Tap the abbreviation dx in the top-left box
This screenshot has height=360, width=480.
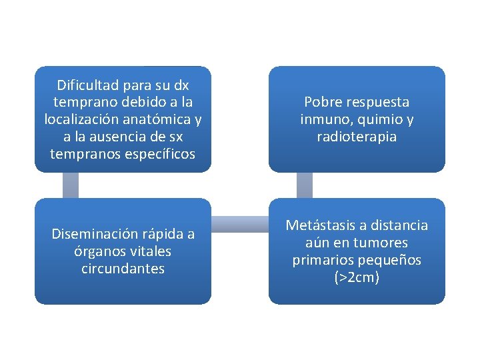tap(181, 85)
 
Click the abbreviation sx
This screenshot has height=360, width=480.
tap(175, 137)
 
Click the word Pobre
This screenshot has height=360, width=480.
tap(323, 103)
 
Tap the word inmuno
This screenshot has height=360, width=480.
tap(323, 120)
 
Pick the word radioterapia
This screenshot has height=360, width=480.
tap(357, 137)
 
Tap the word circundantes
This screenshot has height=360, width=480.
tap(123, 269)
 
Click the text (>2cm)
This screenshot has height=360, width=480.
tap(357, 278)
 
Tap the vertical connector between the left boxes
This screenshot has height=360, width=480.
tap(71, 185)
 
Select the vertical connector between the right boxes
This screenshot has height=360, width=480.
tap(304, 185)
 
